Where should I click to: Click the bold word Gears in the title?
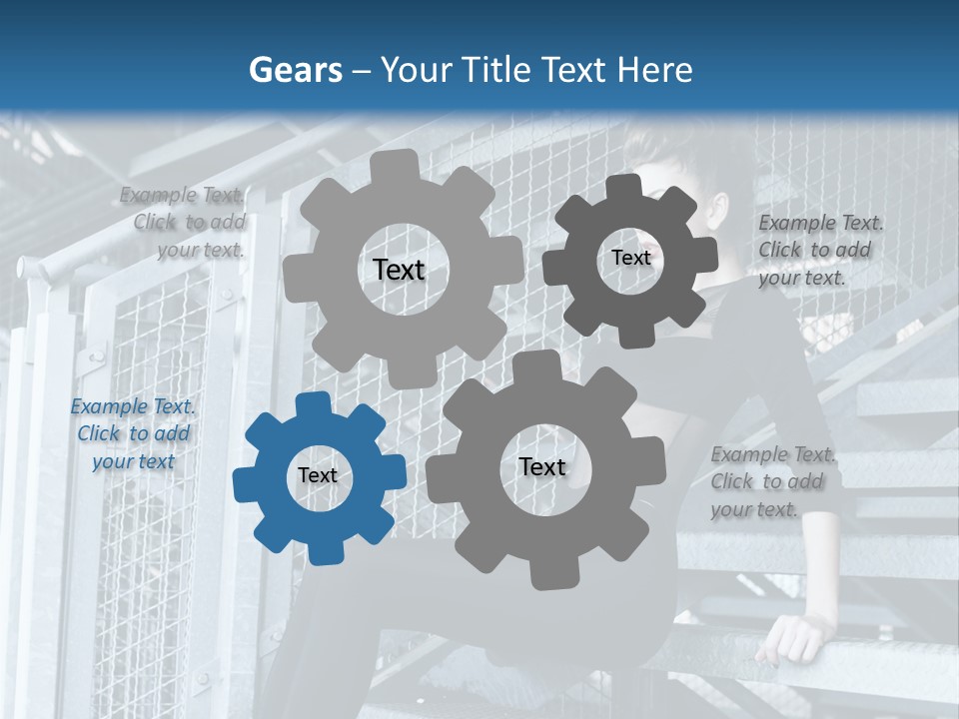[295, 70]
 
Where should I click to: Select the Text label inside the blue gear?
[318, 475]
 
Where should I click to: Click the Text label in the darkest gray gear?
[630, 258]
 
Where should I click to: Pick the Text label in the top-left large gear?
[399, 270]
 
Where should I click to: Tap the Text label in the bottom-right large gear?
[542, 466]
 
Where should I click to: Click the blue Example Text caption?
[133, 434]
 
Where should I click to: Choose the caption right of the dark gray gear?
[819, 250]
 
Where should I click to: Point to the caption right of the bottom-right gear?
[772, 481]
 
